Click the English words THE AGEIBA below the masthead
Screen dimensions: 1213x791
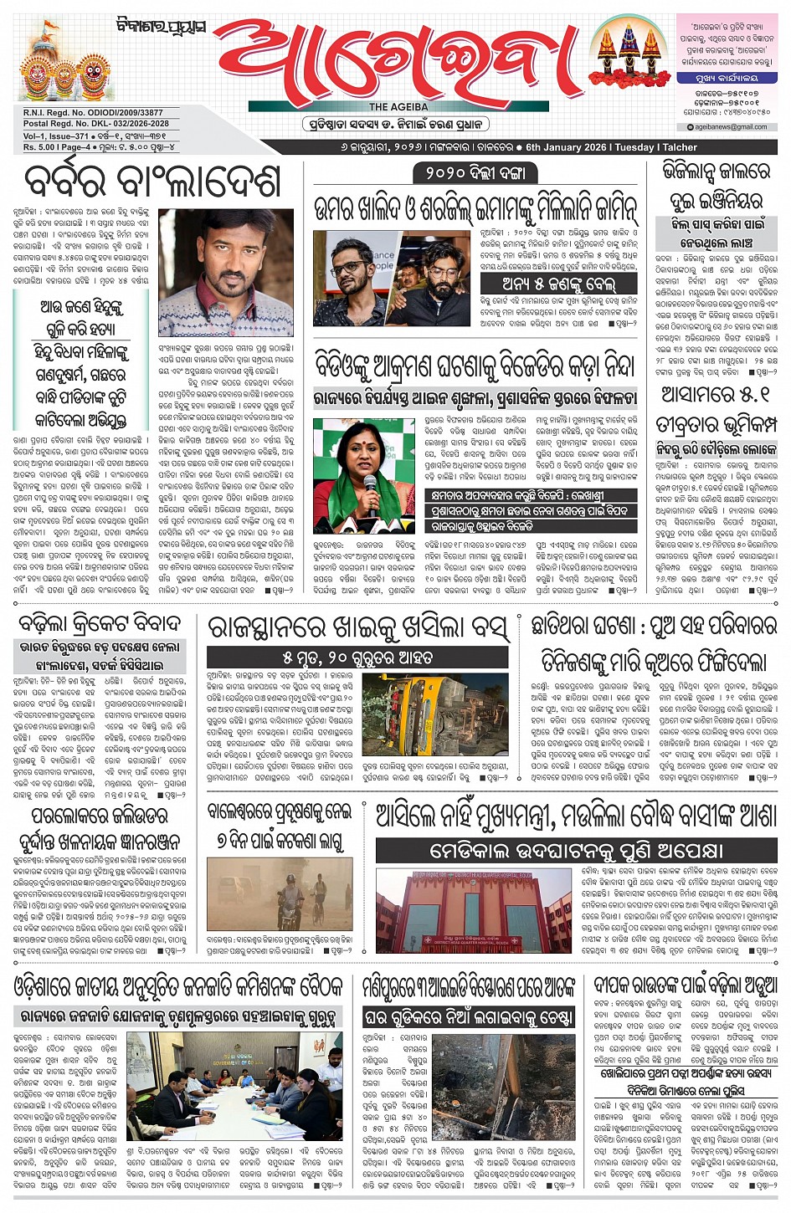398,106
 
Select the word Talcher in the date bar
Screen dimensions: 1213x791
680,147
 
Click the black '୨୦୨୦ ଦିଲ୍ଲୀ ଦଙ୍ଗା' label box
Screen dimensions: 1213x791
475,173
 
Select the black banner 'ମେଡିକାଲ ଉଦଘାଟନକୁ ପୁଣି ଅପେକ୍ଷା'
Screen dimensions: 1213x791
576,851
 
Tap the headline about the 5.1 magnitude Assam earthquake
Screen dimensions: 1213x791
716,409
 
